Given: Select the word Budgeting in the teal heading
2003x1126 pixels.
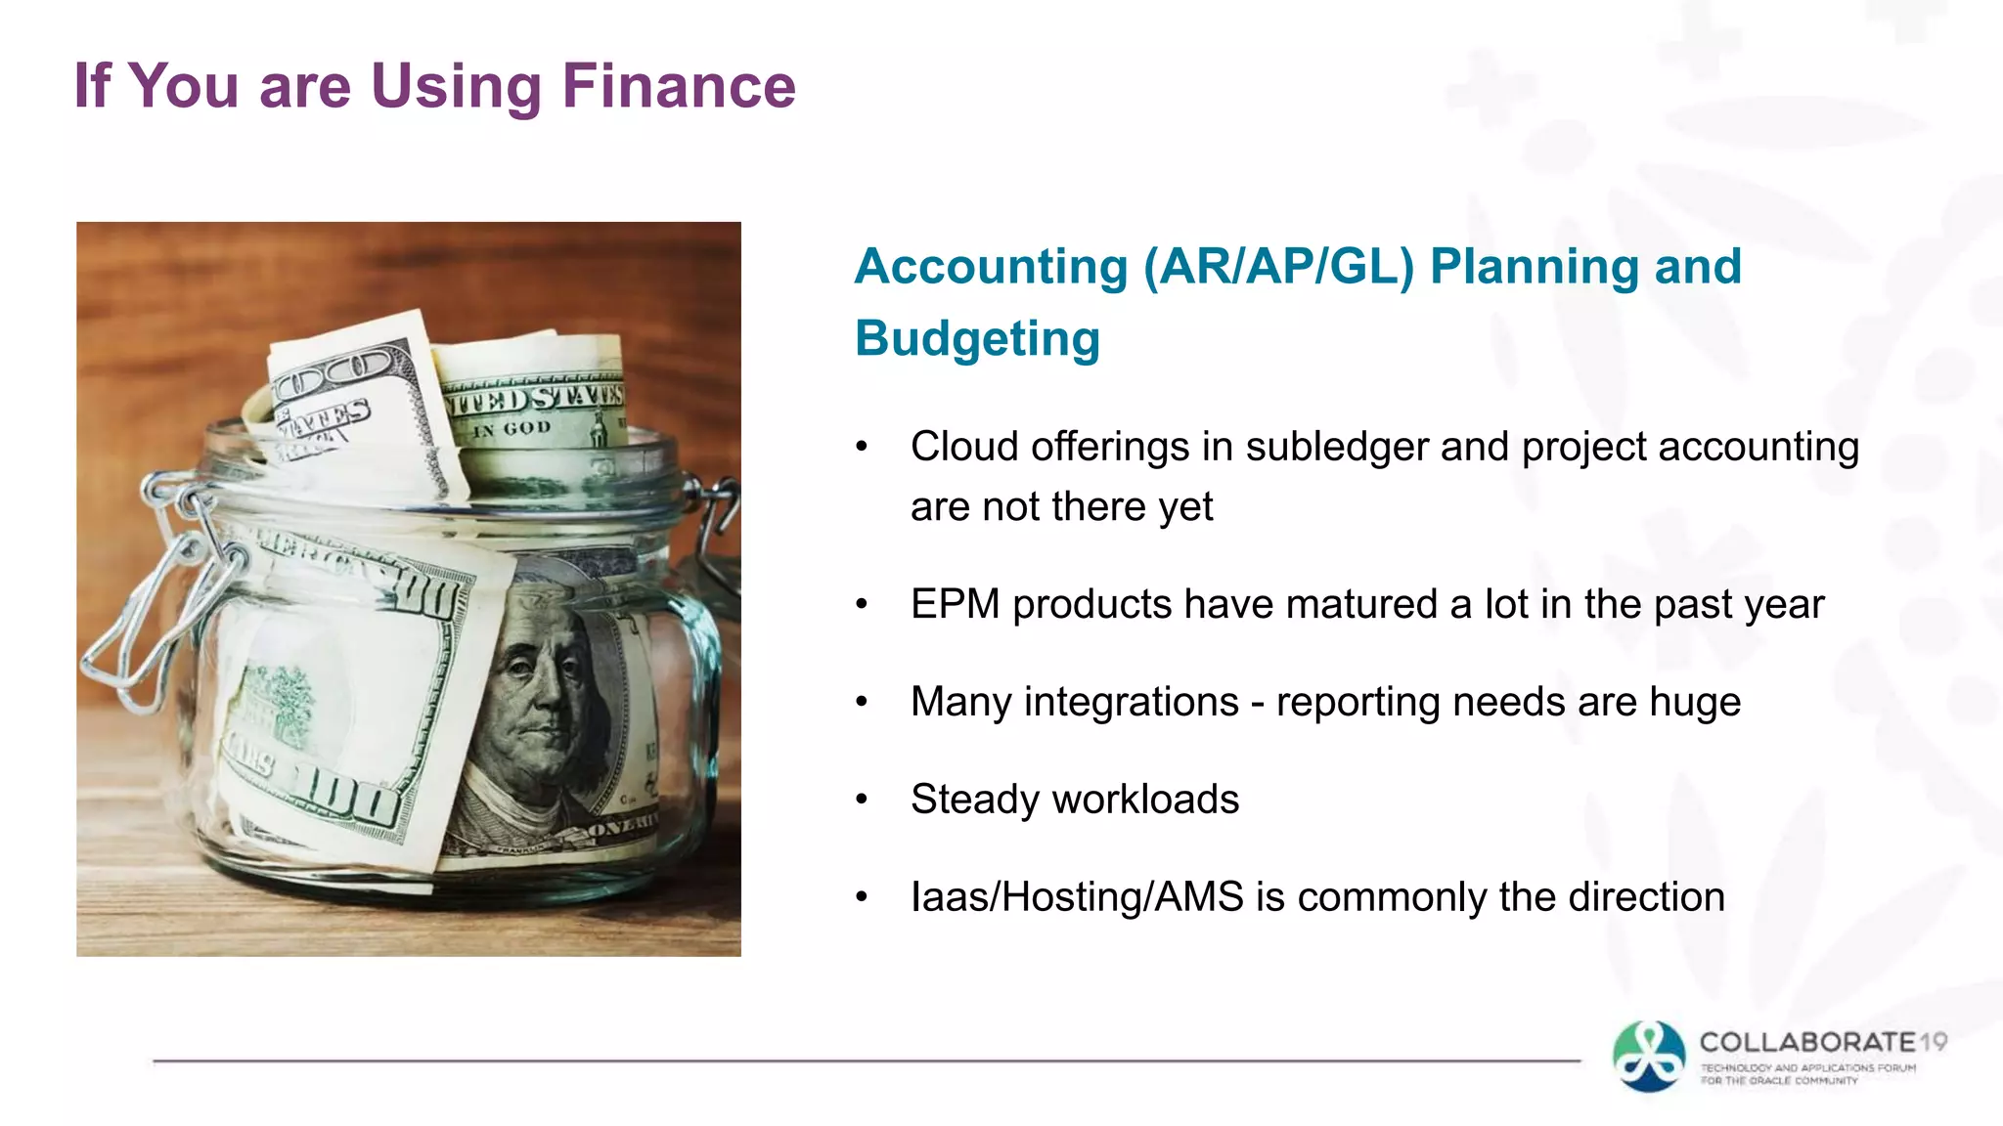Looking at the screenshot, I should (977, 339).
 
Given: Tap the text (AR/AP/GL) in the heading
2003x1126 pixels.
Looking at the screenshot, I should (1279, 267).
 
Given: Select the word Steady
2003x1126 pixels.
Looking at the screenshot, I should (974, 800).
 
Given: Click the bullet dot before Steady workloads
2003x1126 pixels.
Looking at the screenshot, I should (862, 800).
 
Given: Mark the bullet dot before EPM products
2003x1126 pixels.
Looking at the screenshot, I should (862, 604).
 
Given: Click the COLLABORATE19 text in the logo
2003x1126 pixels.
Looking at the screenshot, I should (1822, 1042).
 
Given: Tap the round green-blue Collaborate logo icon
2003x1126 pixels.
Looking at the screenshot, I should (1649, 1056).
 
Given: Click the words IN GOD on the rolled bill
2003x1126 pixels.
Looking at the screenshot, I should (512, 429).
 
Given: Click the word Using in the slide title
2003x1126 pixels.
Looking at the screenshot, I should (456, 86).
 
